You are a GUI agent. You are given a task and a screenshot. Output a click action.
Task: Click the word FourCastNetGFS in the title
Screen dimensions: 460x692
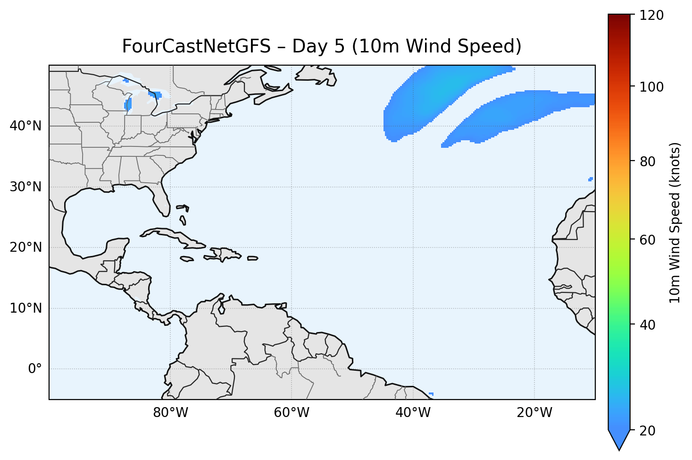point(196,46)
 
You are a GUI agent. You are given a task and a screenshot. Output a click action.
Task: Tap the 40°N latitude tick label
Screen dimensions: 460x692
point(25,126)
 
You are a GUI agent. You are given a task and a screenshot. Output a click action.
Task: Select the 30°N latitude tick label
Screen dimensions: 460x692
point(25,187)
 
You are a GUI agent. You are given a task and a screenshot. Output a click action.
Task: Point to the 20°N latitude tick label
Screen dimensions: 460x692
point(25,247)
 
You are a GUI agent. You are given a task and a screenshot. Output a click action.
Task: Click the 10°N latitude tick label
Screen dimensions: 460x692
point(25,308)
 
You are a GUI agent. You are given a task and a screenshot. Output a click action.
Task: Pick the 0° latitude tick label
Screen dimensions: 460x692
point(34,369)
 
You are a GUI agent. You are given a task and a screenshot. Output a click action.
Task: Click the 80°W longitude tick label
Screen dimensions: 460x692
point(170,413)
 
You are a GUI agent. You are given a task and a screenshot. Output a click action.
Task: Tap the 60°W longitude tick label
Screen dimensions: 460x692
point(292,413)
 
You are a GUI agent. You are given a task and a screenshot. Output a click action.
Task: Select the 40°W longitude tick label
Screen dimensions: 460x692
point(413,413)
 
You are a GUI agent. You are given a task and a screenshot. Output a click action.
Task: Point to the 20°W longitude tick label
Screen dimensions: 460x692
point(534,413)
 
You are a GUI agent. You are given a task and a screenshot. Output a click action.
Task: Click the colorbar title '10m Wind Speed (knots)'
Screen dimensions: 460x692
point(675,223)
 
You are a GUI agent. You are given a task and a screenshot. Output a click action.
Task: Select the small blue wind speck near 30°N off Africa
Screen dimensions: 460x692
point(591,179)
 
